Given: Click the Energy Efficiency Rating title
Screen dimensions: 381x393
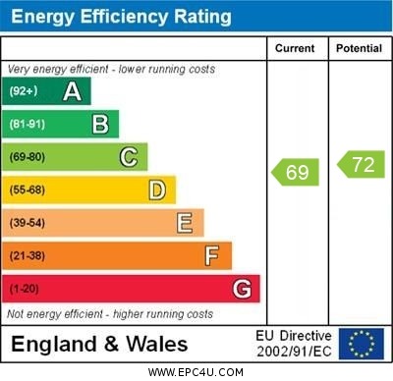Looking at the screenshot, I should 121,17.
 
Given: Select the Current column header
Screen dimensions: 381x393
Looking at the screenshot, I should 295,48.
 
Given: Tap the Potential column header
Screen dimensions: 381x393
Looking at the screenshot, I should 359,48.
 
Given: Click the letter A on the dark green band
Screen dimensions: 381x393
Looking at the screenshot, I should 72,91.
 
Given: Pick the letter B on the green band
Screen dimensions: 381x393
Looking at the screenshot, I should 100,124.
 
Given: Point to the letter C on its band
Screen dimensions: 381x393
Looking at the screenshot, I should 129,157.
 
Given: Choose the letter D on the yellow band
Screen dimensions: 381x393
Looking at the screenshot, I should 157,190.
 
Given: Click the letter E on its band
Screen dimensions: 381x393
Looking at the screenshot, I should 185,223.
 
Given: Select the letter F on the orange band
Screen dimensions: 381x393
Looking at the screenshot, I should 212,256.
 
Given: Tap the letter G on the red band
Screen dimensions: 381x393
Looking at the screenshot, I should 242,289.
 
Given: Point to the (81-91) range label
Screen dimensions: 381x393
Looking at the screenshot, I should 27,125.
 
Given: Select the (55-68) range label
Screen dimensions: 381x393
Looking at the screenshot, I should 28,190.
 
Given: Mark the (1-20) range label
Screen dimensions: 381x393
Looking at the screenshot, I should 25,290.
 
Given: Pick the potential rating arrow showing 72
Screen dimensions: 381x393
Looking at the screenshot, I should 361,164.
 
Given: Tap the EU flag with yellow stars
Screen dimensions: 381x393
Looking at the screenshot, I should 362,344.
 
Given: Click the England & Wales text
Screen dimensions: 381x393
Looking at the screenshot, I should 99,345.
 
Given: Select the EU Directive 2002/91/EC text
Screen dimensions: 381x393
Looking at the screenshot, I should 294,344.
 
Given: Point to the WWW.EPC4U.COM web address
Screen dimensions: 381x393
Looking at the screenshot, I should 196,372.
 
